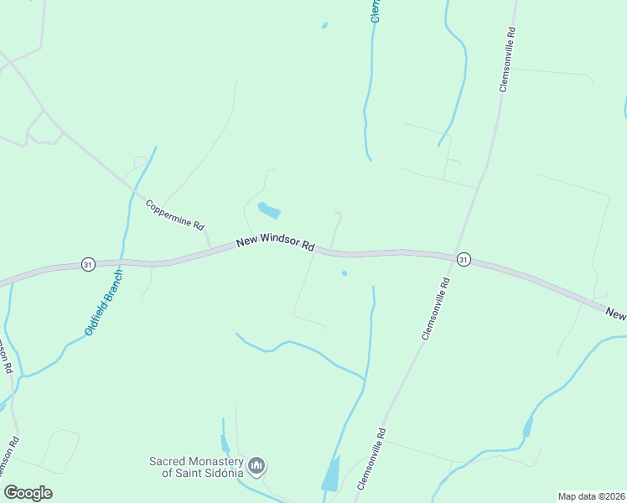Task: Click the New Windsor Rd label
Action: (275, 242)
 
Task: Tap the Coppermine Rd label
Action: (174, 215)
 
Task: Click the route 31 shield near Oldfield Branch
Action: (88, 264)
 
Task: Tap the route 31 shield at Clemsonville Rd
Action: (464, 260)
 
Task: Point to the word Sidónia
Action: (221, 472)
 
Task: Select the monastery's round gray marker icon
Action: (257, 465)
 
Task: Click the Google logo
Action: (28, 493)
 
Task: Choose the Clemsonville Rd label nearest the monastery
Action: (371, 459)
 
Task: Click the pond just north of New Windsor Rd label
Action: (268, 210)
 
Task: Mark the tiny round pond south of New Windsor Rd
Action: (344, 272)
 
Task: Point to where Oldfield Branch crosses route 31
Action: (123, 262)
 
